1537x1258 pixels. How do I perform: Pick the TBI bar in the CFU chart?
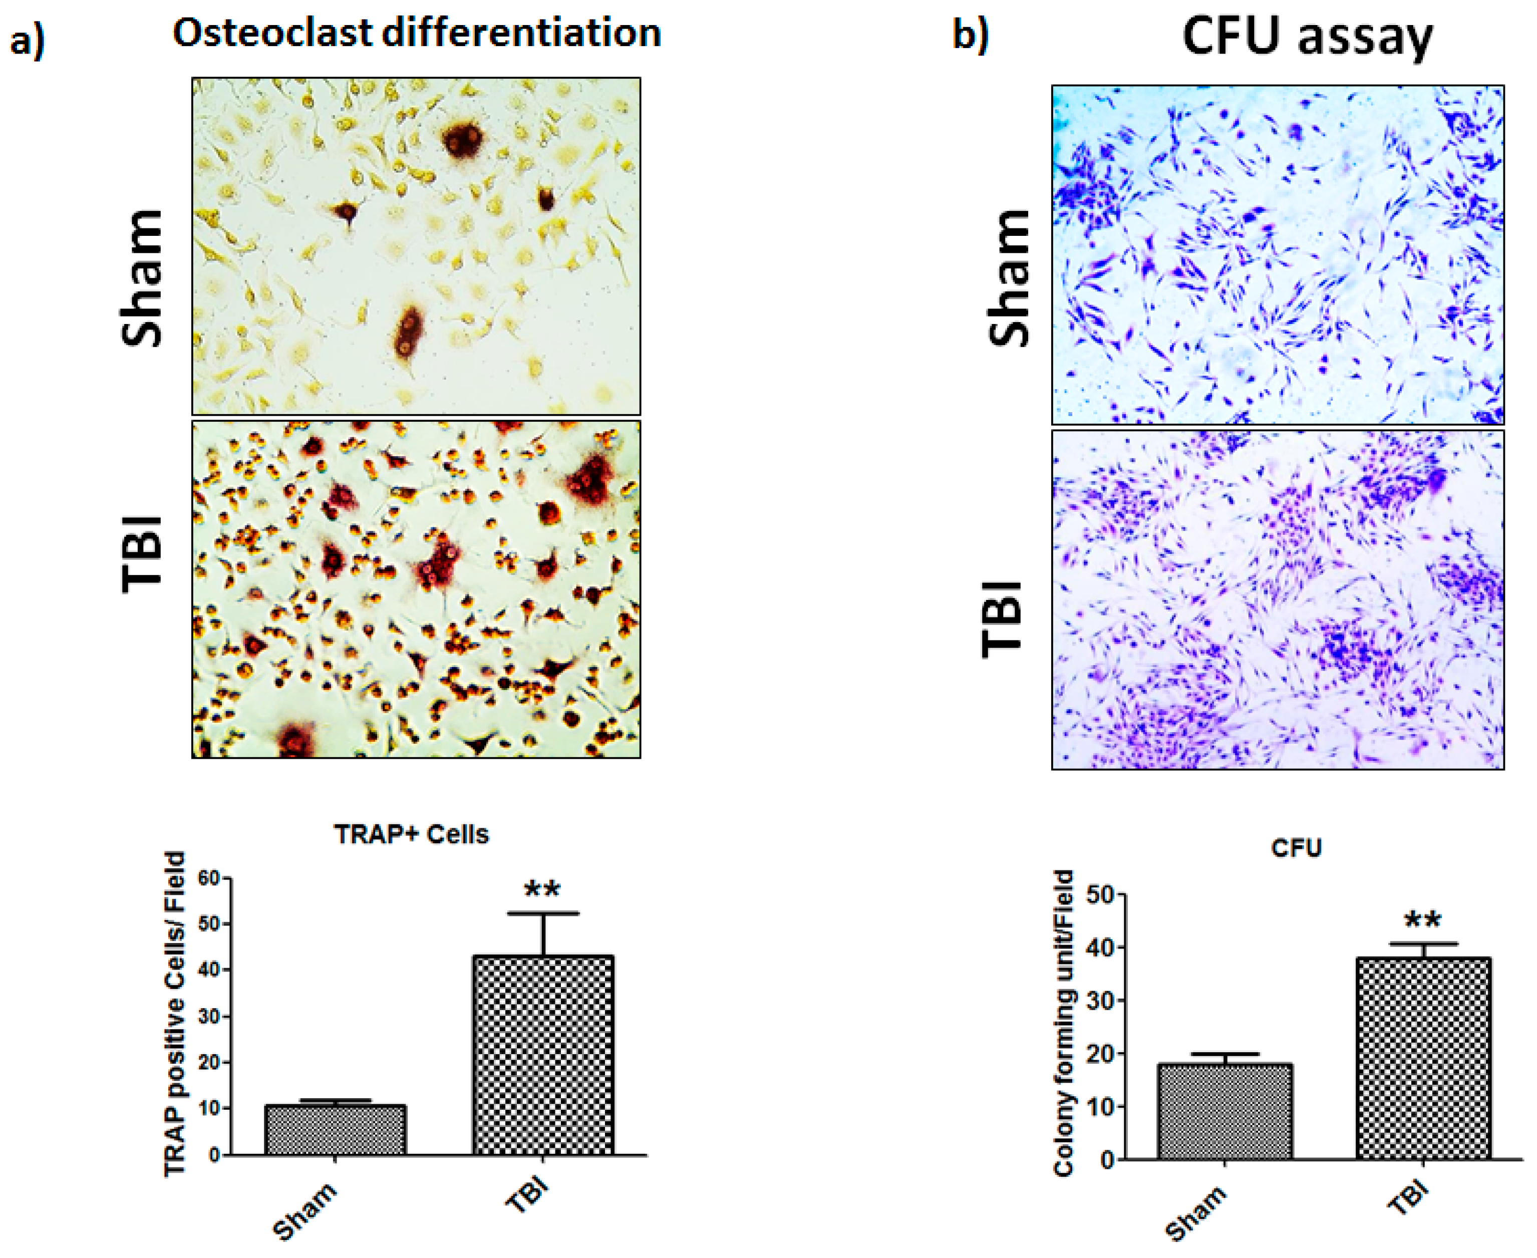click(1423, 1058)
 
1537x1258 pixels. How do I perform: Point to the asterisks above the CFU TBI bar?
click(1422, 921)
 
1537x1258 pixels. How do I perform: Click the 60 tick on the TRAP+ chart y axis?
click(209, 878)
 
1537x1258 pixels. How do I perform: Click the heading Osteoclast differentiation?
click(417, 34)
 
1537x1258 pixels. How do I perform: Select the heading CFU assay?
click(1307, 36)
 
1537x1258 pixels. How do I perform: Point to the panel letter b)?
click(970, 35)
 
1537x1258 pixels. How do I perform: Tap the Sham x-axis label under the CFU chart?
click(1195, 1214)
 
